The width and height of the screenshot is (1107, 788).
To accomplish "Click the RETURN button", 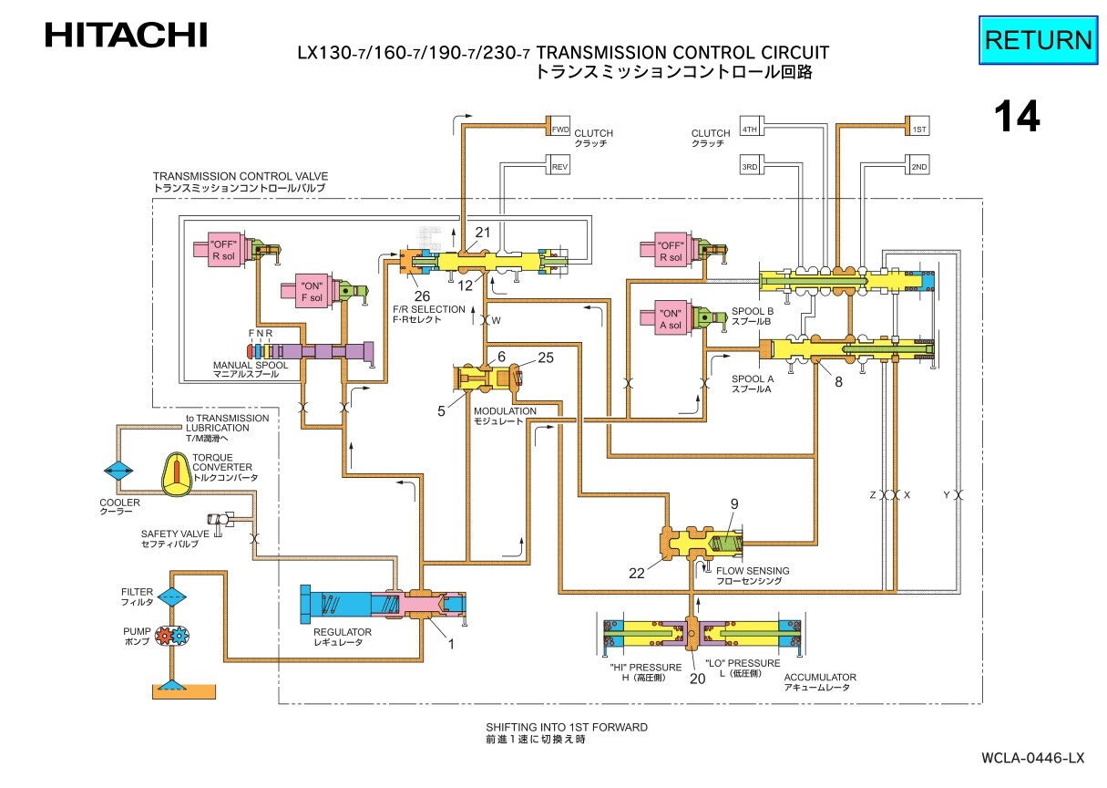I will click(1038, 40).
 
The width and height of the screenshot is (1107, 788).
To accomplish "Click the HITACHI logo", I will click(126, 36).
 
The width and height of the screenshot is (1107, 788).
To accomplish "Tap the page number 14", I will click(1016, 117).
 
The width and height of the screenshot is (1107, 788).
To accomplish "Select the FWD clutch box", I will click(559, 130).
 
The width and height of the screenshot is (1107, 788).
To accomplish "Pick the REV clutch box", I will click(559, 168).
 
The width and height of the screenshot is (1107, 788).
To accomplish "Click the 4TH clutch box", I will click(750, 130).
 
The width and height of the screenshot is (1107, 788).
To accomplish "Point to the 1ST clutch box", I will click(919, 130).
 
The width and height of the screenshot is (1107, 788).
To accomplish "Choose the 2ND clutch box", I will click(919, 168).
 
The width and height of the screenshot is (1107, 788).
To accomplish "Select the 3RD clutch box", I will click(750, 168).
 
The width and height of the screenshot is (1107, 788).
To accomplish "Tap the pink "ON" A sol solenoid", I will click(670, 318).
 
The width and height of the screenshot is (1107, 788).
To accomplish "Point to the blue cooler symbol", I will click(118, 471).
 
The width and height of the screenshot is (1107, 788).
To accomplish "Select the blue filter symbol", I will click(172, 597).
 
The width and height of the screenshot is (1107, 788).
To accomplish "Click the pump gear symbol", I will click(171, 637).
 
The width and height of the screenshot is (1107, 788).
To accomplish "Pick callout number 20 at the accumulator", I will click(698, 678).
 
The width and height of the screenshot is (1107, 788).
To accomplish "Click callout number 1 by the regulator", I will click(449, 644).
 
